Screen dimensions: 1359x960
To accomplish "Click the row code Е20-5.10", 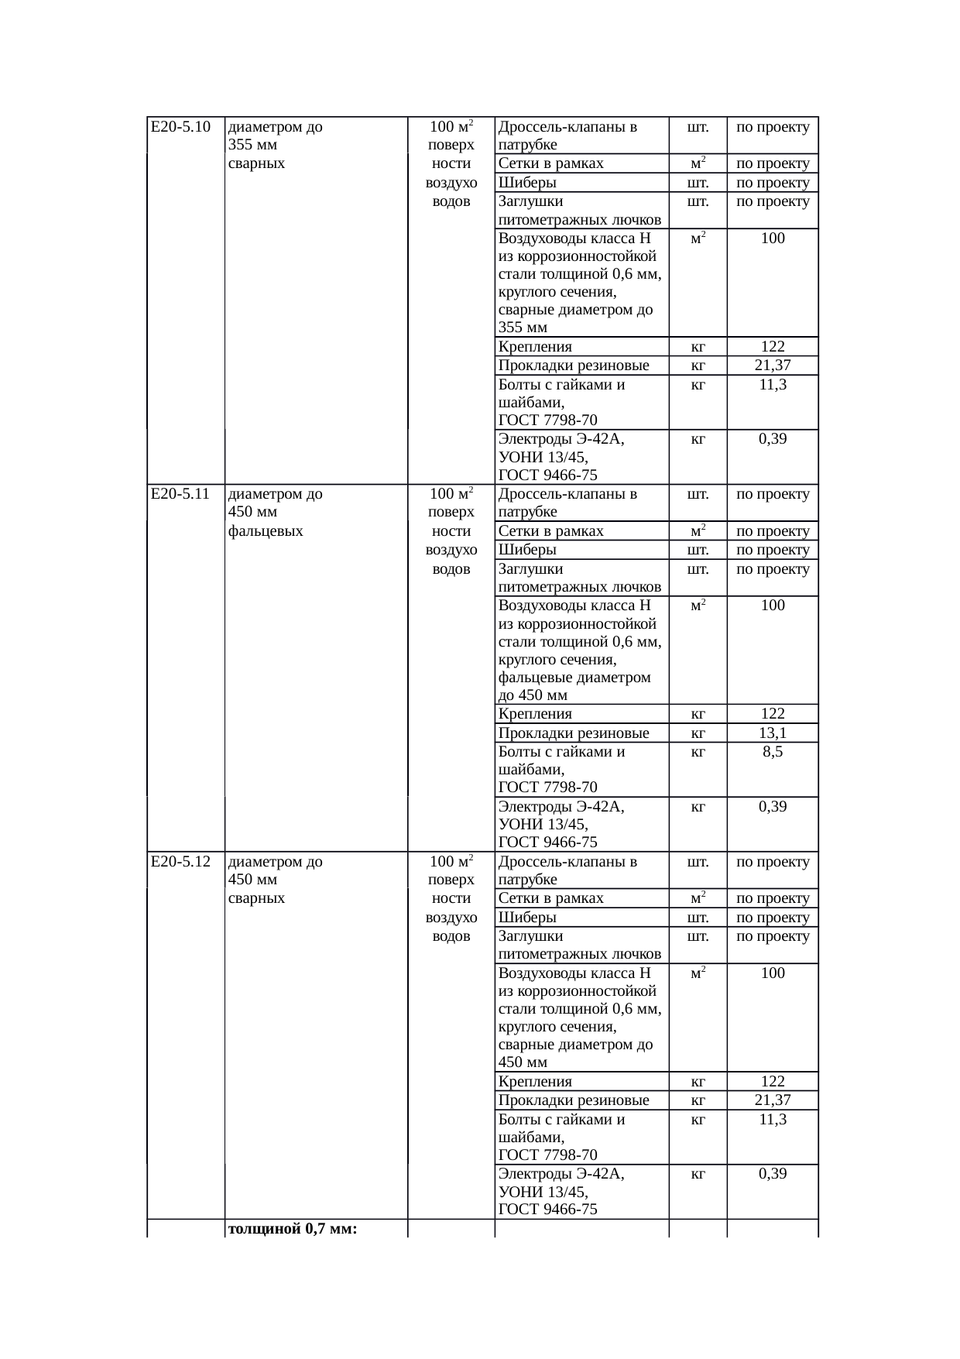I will click(x=180, y=127).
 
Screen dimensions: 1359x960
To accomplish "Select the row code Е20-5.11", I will click(x=180, y=494).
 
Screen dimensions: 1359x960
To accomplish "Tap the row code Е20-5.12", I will click(x=180, y=862).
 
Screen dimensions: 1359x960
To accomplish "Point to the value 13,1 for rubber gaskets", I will click(x=773, y=733).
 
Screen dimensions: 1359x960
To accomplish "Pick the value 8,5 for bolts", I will click(x=773, y=752).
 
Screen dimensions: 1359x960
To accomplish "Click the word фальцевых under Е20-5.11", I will click(x=266, y=531).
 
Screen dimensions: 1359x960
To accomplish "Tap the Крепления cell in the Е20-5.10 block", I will click(x=535, y=347).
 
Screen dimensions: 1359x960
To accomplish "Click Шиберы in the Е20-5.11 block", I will click(x=527, y=550).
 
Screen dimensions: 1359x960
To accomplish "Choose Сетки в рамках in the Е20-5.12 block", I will click(x=550, y=898).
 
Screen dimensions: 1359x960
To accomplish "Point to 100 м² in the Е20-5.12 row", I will click(x=451, y=862).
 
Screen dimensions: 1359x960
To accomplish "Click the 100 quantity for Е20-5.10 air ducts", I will click(x=773, y=239).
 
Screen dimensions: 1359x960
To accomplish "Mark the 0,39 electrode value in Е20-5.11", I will click(x=773, y=807).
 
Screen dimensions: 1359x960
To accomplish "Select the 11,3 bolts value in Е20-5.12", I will click(x=773, y=1120).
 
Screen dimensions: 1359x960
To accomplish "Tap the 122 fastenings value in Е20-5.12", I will click(x=773, y=1082).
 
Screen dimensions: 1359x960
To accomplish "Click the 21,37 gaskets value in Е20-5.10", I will click(x=773, y=365).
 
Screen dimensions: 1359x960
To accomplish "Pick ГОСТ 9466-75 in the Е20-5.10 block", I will click(x=547, y=475).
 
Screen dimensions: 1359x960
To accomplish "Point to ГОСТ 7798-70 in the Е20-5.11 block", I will click(x=547, y=788).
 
